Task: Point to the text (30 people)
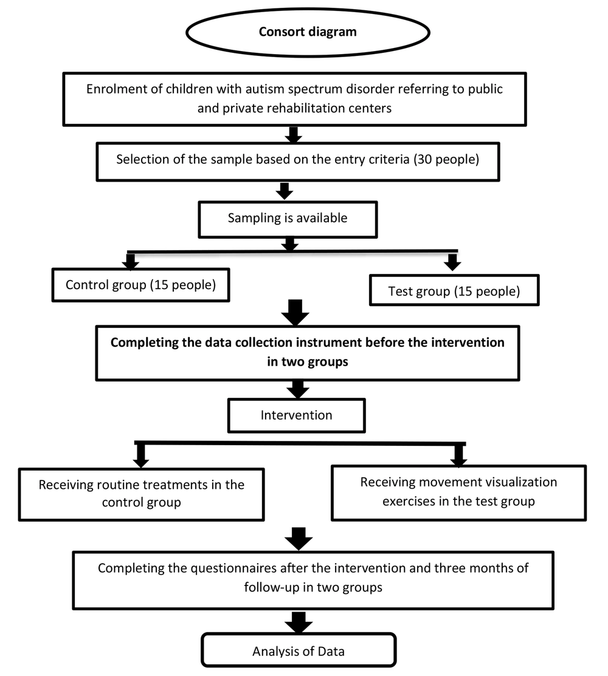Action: [446, 160]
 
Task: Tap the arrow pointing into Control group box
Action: [130, 261]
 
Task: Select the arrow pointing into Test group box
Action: [452, 262]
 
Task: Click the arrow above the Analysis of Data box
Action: [299, 622]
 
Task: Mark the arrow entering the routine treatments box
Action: [140, 456]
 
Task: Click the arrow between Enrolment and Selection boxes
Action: [294, 134]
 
